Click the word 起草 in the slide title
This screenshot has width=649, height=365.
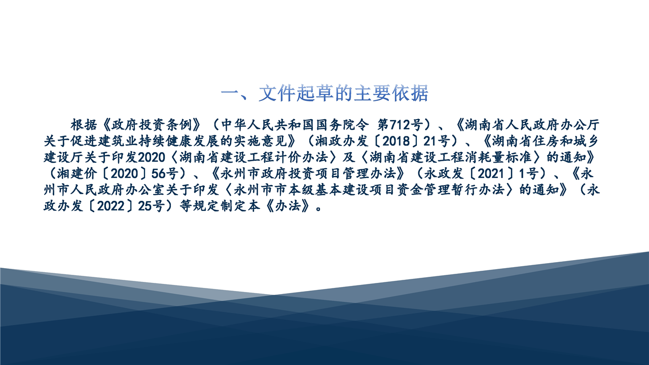[x=315, y=93]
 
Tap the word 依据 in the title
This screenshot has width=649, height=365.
[x=410, y=93]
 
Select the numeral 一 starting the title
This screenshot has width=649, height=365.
[x=230, y=94]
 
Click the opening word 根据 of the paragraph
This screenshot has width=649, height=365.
[x=84, y=125]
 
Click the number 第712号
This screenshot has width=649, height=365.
[x=400, y=125]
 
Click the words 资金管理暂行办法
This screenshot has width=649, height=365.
[x=451, y=190]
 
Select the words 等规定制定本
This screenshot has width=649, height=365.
[x=220, y=206]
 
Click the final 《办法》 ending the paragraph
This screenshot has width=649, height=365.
[x=287, y=206]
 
